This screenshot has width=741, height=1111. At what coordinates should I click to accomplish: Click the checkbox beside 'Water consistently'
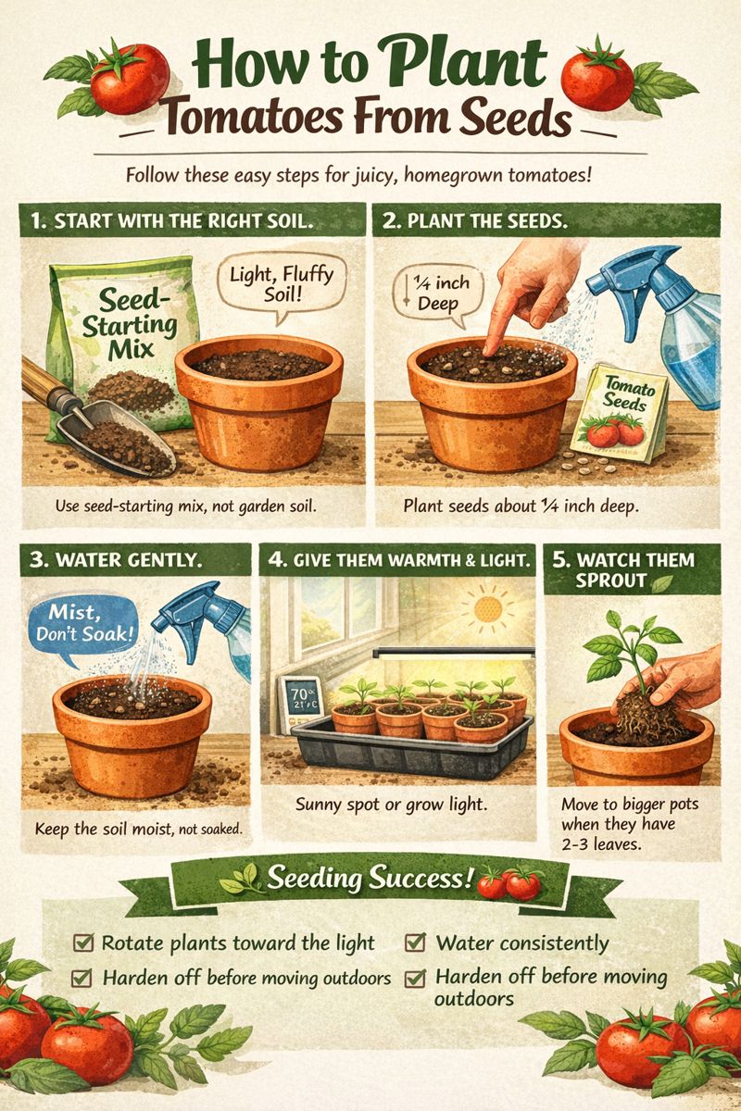coord(415,942)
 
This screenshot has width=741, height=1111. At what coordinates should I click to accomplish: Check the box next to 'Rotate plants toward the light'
coord(82,942)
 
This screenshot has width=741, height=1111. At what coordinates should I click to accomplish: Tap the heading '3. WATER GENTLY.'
coord(116,560)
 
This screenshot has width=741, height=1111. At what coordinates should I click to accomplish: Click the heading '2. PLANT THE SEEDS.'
coord(475,221)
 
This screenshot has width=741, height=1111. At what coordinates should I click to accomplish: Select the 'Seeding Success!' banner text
coord(370,879)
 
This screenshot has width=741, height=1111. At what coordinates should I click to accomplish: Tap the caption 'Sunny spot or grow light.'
coord(392,805)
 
